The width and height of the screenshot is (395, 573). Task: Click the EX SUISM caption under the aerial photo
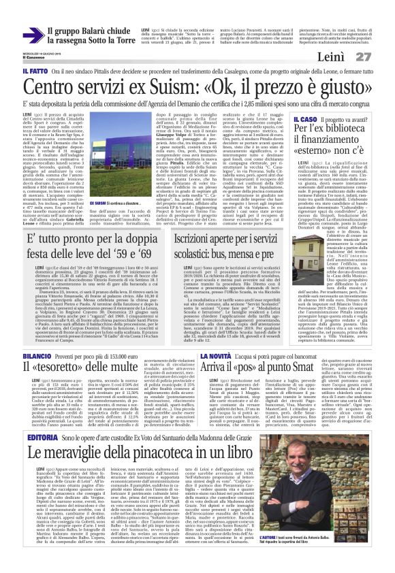point(98,203)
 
